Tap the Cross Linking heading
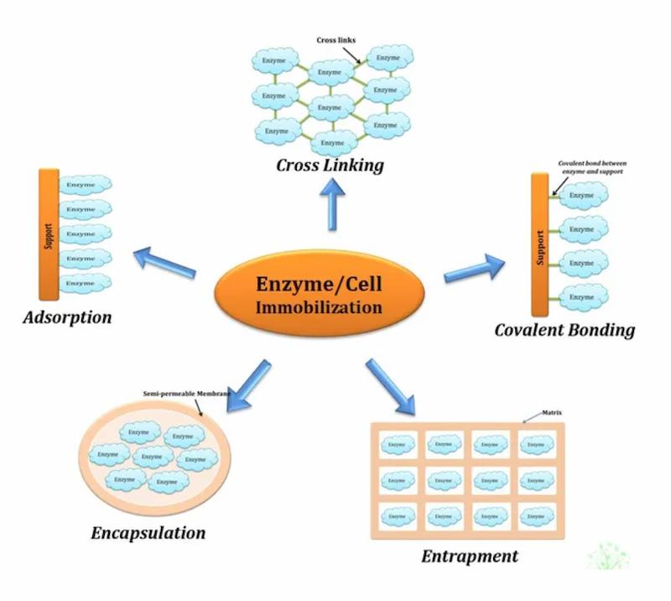pyautogui.click(x=330, y=165)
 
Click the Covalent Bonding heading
pyautogui.click(x=564, y=329)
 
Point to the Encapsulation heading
pyautogui.click(x=148, y=532)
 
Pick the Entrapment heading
pyautogui.click(x=469, y=556)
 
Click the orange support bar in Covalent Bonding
pyautogui.click(x=539, y=244)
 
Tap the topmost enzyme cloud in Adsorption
pyautogui.click(x=84, y=184)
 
